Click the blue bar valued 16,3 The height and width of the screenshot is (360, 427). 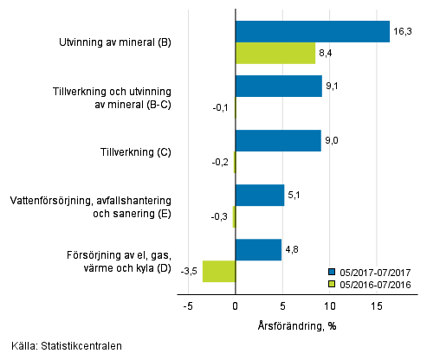point(312,32)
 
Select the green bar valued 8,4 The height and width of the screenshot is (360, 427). point(275,54)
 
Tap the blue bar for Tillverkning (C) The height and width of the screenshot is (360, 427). point(277,141)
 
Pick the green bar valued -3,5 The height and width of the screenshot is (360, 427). point(218,271)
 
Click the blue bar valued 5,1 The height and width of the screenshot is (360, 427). point(259,196)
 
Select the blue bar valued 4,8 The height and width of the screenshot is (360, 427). point(257,250)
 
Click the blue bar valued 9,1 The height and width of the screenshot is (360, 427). point(278,87)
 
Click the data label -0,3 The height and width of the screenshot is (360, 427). point(221,216)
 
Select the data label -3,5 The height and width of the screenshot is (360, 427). point(188,272)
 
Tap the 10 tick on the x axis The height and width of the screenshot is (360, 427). point(329,306)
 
